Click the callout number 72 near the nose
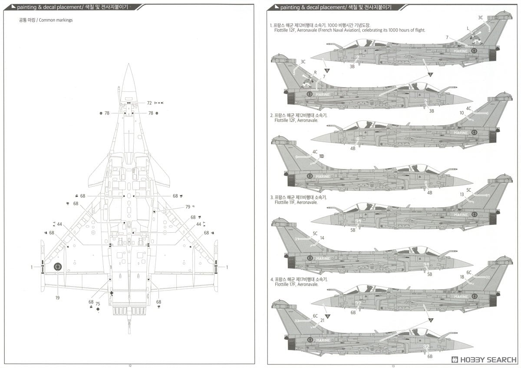pos(149,103)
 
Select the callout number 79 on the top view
pos(188,207)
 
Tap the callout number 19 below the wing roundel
pos(57,298)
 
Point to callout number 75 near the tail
pos(98,304)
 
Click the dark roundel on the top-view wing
pos(58,267)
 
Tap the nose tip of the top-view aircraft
pos(129,65)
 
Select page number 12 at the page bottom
pos(129,365)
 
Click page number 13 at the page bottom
pos(393,365)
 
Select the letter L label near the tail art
pos(468,28)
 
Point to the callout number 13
pos(462,195)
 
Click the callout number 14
pos(322,238)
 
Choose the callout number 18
pos(462,277)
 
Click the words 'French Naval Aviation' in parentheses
pos(343,30)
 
